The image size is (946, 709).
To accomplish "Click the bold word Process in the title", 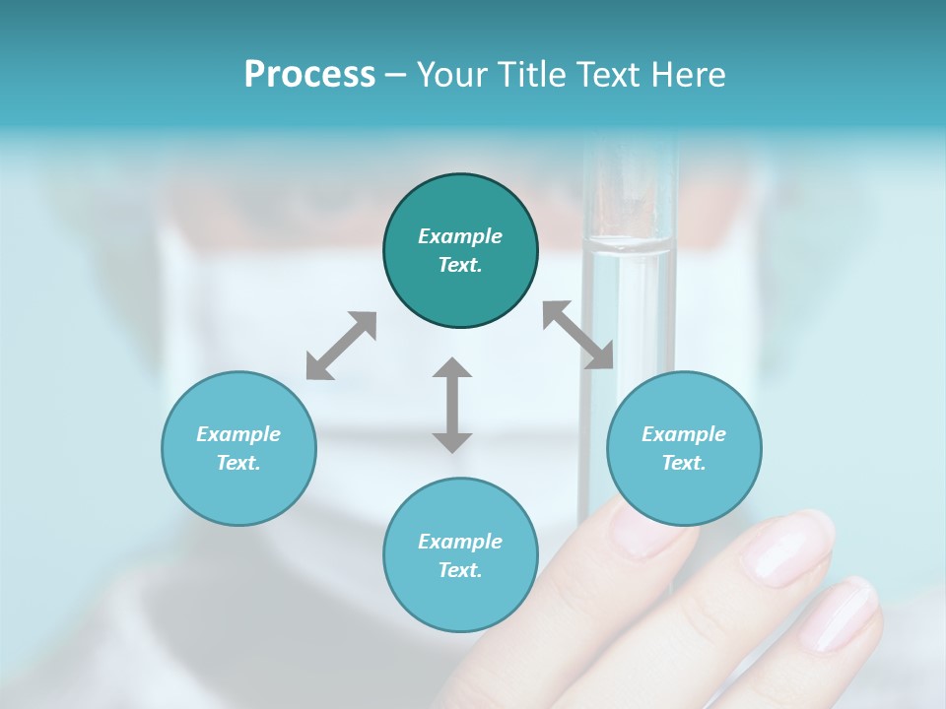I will pyautogui.click(x=309, y=75).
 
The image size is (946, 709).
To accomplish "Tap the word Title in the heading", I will pyautogui.click(x=528, y=75).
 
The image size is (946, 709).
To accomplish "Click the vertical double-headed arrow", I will pyautogui.click(x=452, y=405).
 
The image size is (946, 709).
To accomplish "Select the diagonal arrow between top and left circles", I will pyautogui.click(x=341, y=345).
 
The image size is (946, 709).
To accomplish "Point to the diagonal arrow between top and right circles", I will pyautogui.click(x=578, y=335).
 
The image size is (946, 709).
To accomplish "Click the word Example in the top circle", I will pyautogui.click(x=460, y=236).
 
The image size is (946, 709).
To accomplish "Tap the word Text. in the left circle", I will pyautogui.click(x=238, y=463).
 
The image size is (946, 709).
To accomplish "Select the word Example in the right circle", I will pyautogui.click(x=684, y=434).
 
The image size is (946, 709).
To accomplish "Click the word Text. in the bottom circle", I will pyautogui.click(x=460, y=570).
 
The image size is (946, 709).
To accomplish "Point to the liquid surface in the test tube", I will pyautogui.click(x=627, y=244).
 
